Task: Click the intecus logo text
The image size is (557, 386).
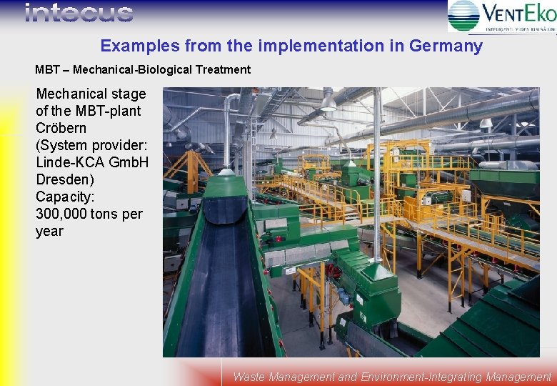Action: tap(79, 13)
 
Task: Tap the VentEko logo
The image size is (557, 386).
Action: tap(501, 16)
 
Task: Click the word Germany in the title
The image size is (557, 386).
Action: tap(446, 46)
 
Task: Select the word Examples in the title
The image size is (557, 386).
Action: tap(139, 46)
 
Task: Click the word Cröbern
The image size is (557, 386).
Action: tap(61, 128)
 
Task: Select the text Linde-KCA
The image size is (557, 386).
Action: tap(70, 162)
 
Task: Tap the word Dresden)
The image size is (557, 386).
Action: tap(64, 179)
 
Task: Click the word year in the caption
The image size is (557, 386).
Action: tap(49, 231)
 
